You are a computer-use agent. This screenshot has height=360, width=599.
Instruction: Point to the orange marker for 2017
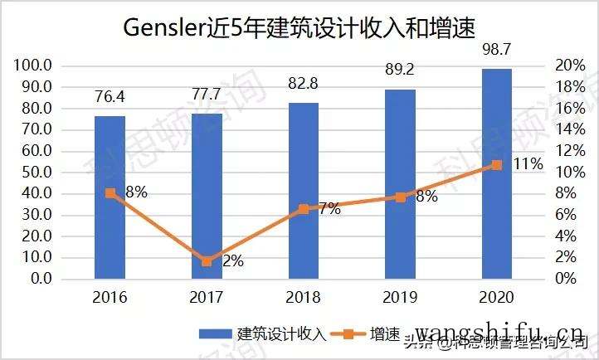207,261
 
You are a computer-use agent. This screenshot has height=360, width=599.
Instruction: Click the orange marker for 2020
497,165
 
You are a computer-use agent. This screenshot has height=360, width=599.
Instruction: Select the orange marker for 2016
110,193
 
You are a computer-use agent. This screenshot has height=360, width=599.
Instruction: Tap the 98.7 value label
497,52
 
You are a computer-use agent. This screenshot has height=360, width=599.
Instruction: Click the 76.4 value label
110,98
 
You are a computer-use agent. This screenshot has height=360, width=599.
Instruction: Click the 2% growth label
231,261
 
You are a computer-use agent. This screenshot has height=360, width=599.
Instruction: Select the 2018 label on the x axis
303,298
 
